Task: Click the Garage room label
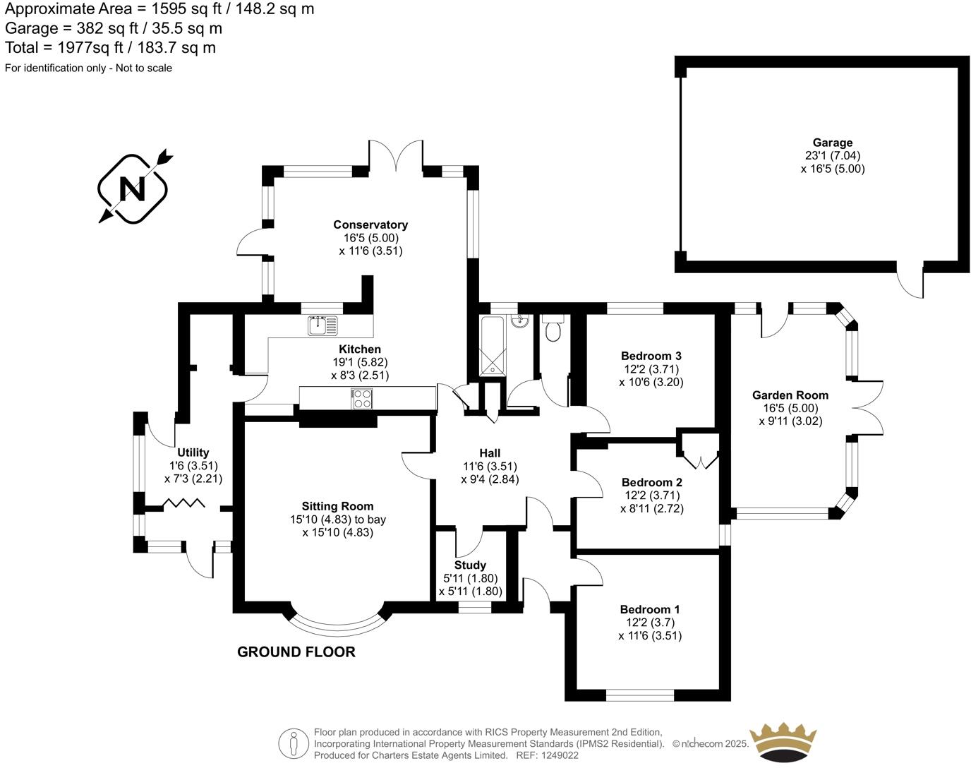(833, 143)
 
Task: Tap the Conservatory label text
(370, 224)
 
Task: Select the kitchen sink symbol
(322, 325)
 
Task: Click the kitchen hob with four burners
(361, 399)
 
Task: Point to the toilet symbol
(552, 329)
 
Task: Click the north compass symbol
(133, 188)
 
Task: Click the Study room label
(470, 565)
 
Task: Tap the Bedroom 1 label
(650, 609)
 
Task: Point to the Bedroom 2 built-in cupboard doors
(699, 455)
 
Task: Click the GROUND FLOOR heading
(296, 652)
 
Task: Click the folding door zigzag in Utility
(184, 503)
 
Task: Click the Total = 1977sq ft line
(111, 48)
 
